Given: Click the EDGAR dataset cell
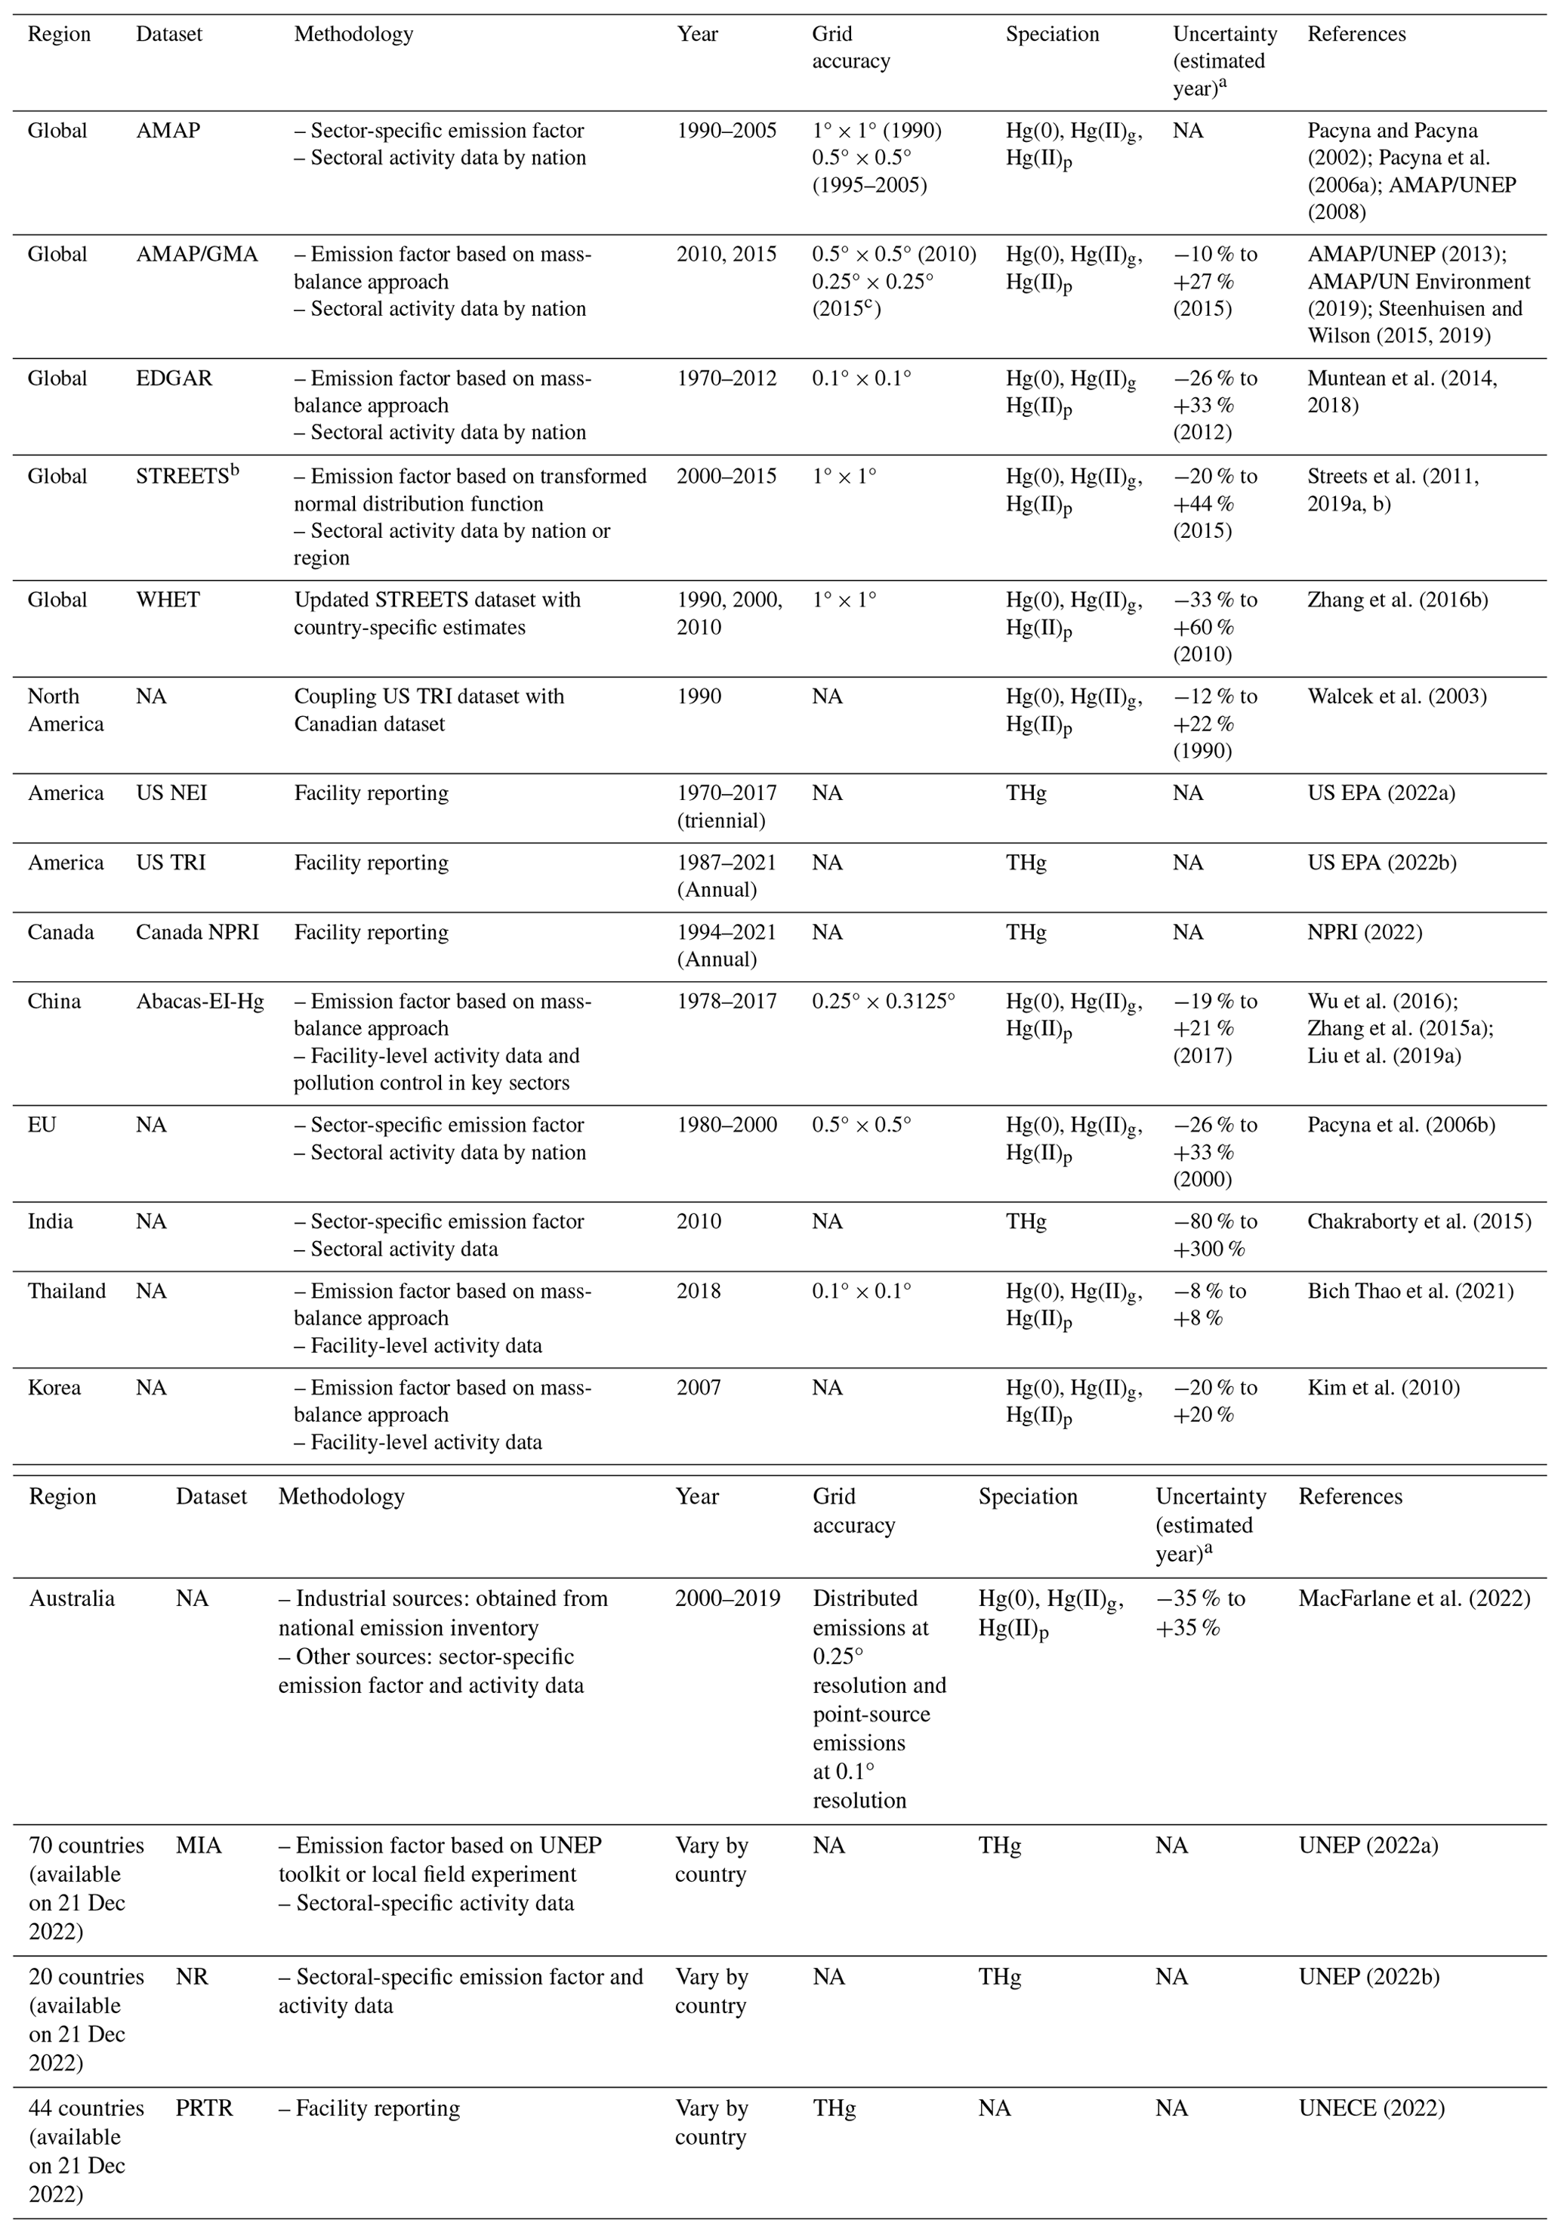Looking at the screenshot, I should click(174, 378).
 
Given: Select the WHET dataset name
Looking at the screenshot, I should click(168, 599).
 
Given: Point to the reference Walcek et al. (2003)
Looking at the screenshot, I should click(1396, 696).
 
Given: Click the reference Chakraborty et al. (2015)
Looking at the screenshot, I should click(1418, 1222).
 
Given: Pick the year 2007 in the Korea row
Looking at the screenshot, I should click(699, 1387).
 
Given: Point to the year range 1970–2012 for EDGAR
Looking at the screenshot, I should click(727, 378).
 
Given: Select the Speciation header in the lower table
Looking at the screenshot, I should click(1027, 1496).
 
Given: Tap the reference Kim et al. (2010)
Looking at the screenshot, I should click(1383, 1387).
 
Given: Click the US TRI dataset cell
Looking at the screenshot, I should click(170, 863).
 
